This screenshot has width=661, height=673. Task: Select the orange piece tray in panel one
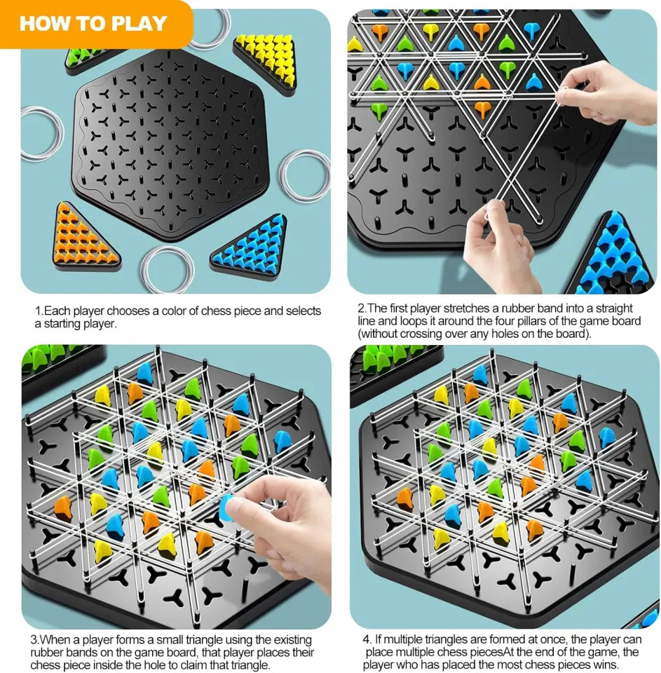click(84, 235)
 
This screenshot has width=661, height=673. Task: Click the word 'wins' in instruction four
click(606, 665)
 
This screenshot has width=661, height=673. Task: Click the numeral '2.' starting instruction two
click(362, 308)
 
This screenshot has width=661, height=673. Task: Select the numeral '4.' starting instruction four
click(367, 640)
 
